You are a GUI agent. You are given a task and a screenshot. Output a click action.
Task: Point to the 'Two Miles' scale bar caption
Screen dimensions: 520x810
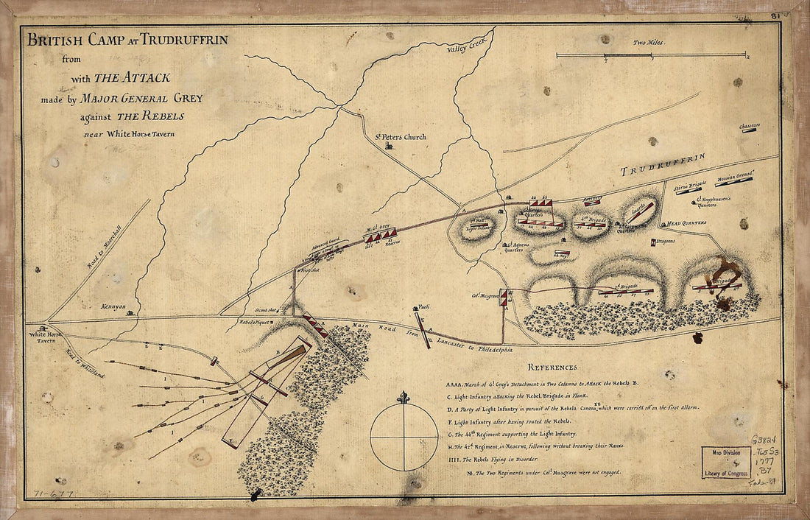point(649,43)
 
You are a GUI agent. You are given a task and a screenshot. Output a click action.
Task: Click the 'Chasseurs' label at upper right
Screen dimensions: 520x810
point(750,127)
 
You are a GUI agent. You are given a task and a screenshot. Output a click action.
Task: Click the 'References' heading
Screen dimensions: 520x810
point(552,367)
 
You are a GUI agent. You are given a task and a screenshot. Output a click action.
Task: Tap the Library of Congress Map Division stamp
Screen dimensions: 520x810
point(725,462)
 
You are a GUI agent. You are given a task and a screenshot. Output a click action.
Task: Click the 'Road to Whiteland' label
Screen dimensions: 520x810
point(82,363)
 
